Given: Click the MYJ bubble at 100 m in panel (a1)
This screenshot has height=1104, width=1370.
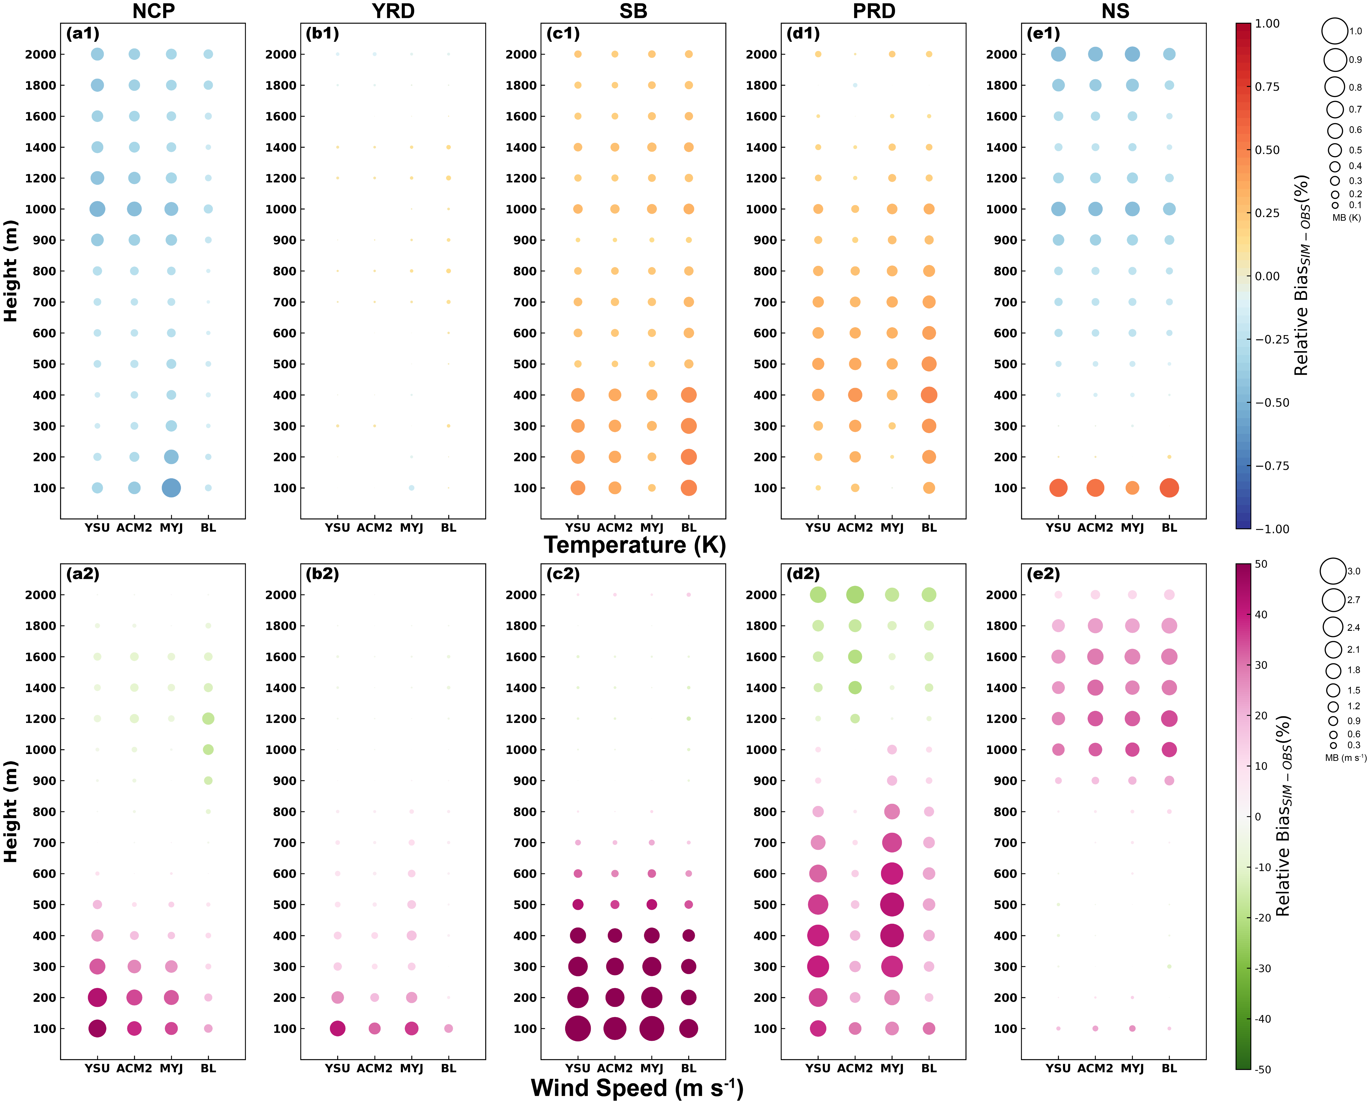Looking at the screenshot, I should [x=171, y=488].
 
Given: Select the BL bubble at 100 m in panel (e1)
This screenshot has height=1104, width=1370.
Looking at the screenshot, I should [x=1169, y=488].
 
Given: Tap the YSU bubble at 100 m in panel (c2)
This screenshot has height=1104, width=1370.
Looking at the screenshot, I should [x=578, y=1028].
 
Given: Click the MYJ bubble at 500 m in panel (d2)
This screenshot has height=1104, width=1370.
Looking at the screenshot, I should [x=892, y=904].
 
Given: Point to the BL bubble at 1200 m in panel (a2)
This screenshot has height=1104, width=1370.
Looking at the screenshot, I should [x=208, y=719].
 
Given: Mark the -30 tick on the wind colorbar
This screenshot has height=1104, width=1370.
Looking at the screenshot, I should [x=1263, y=968].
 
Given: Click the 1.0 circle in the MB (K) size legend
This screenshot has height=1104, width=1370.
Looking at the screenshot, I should [x=1334, y=30].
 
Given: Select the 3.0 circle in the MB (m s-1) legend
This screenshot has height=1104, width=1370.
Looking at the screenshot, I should [x=1332, y=571].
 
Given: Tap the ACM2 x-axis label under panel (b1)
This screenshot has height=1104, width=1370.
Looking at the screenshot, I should [x=374, y=528].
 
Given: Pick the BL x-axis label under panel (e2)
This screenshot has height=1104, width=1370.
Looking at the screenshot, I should [x=1169, y=1068].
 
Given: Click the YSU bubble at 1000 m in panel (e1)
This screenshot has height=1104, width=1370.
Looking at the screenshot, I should [x=1058, y=209].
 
